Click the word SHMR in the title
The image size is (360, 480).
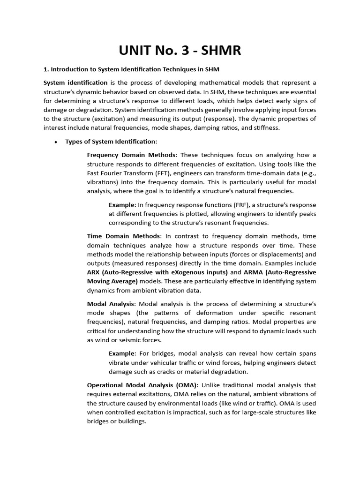tap(217, 50)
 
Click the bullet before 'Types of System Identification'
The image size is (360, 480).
tap(56, 142)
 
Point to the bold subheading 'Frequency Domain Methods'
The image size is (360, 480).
tap(132, 155)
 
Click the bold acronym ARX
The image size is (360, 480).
tap(94, 272)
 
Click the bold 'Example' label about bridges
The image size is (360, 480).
tap(122, 353)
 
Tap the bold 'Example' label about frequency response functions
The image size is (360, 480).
tap(122, 205)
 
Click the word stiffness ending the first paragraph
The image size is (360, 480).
tap(266, 127)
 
